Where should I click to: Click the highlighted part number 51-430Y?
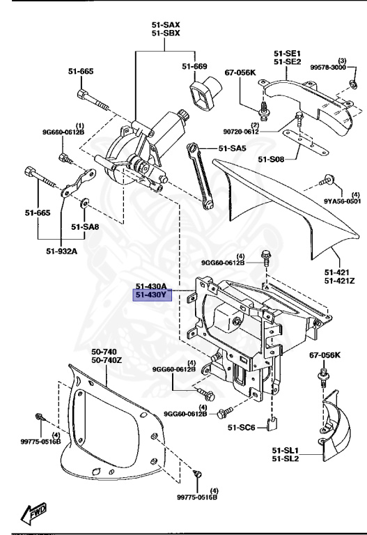tap(152, 295)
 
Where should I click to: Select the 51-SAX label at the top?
tap(165, 25)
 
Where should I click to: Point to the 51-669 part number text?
tap(195, 66)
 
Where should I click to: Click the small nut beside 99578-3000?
tap(354, 85)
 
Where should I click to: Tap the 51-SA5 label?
tap(233, 148)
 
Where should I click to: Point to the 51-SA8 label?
tap(86, 226)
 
